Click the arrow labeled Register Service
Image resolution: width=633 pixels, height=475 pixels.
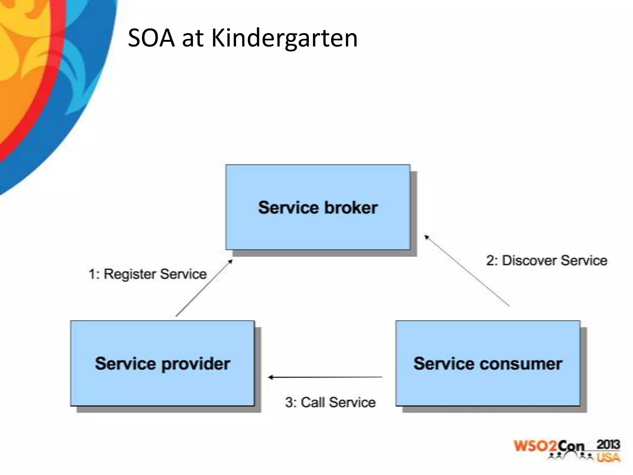pos(204,288)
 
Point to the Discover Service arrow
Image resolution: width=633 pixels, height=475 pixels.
pos(467,271)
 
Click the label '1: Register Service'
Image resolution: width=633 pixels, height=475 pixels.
pos(148,274)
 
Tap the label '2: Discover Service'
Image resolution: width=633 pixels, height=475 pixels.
pos(546,260)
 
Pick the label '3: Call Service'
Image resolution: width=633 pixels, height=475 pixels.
pos(330,402)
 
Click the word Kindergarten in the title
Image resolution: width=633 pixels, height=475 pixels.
pos(284,38)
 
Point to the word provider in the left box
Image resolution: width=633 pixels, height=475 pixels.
pos(196,364)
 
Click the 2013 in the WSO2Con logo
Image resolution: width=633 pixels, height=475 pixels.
pos(608,445)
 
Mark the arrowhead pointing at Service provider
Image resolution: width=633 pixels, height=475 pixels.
pos(270,377)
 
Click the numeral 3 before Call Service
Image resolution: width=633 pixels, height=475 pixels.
pos(289,402)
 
